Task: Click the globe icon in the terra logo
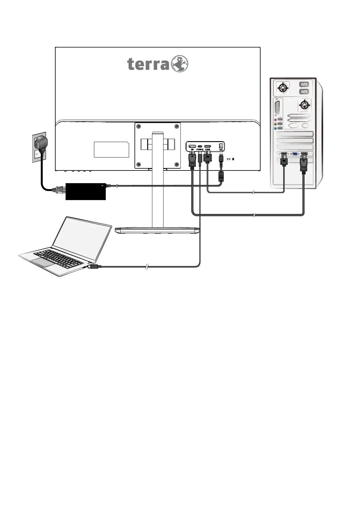point(180,64)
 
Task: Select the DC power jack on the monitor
point(221,146)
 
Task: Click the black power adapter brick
point(86,191)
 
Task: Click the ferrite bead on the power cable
point(221,176)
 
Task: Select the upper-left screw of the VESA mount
point(139,126)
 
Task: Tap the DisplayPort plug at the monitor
point(192,160)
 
